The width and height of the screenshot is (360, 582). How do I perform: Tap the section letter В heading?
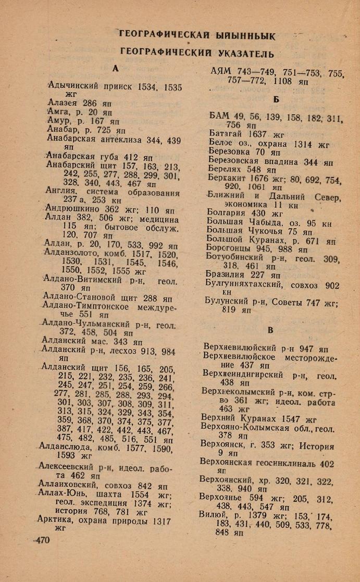[x=270, y=330]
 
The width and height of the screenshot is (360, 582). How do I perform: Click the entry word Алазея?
[x=63, y=103]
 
